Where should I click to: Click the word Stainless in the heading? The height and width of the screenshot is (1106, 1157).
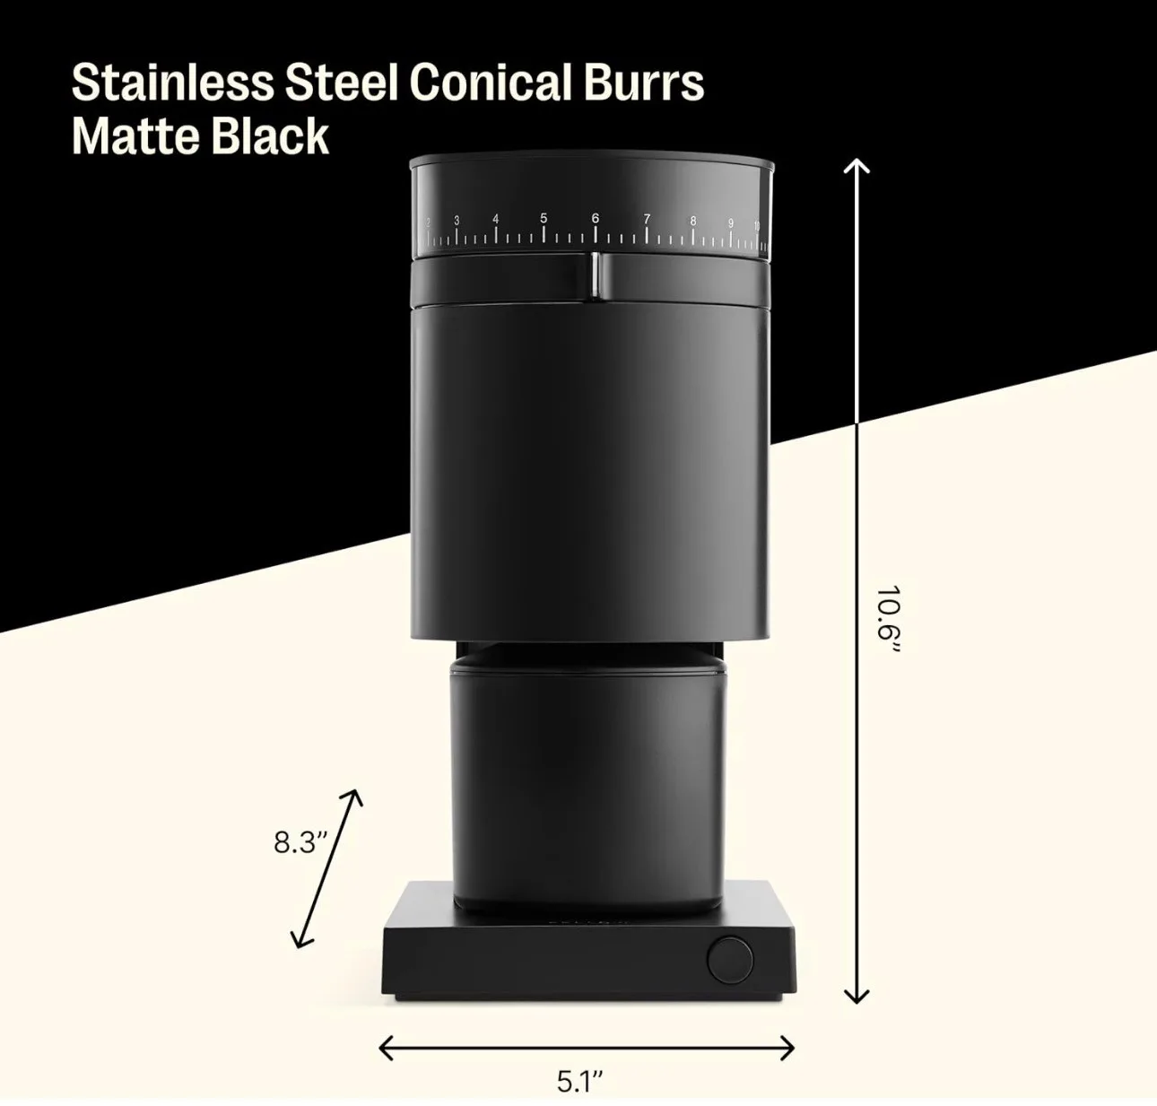pos(172,83)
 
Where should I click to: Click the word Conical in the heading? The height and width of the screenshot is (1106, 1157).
pos(490,83)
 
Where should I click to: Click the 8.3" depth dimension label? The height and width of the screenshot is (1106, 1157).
pos(300,843)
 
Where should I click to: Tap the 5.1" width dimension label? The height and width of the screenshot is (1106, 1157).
pos(580,1081)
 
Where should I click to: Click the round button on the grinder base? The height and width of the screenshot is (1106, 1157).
pos(730,960)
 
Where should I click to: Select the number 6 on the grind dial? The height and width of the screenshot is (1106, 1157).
pos(595,218)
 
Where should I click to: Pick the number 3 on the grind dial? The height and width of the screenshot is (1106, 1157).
pos(457,221)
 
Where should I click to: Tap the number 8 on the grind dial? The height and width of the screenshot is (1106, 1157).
pos(692,220)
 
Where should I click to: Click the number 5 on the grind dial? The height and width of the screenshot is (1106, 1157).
pos(544,218)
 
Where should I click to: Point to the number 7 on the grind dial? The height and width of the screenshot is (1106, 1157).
pos(646,219)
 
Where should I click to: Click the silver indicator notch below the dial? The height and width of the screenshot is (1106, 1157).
pos(595,274)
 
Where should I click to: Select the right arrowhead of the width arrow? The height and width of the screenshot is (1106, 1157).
pos(788,1047)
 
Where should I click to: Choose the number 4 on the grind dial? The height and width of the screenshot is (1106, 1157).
pos(495,219)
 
